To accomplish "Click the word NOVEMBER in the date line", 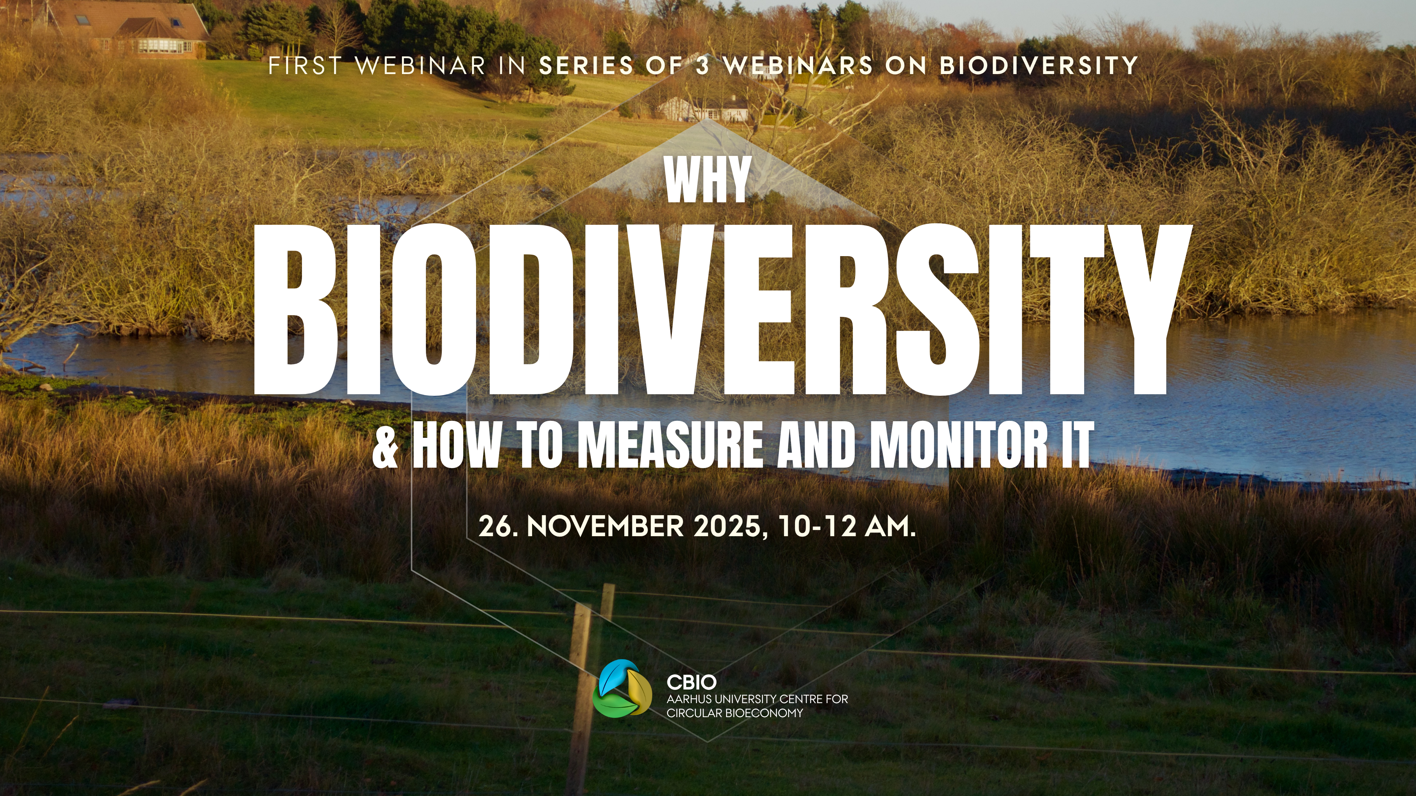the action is (605, 526).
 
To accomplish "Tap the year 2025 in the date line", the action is (727, 526).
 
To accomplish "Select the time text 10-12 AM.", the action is (847, 526).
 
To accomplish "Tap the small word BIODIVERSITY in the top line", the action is (1038, 66).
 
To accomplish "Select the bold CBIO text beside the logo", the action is (691, 682).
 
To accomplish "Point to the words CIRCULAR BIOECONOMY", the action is (735, 713).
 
